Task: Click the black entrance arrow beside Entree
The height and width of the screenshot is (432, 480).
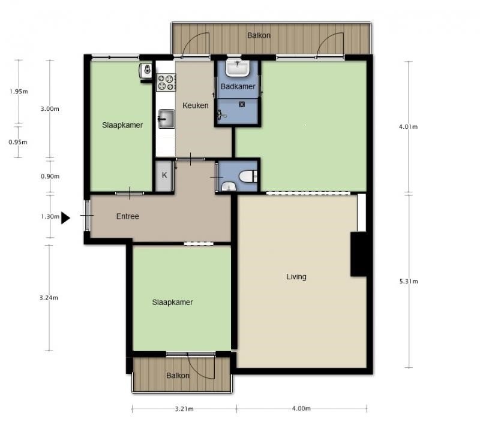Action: click(65, 218)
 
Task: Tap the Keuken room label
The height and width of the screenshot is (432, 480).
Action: click(196, 105)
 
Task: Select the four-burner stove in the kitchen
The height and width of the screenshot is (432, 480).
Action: click(166, 83)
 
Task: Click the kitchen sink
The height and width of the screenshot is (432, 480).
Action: click(166, 119)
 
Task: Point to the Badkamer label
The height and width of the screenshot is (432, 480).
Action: click(238, 86)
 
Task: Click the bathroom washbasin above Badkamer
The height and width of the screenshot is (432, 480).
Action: click(238, 68)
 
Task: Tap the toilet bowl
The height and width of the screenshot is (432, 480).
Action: click(248, 176)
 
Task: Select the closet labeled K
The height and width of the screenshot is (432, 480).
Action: click(164, 176)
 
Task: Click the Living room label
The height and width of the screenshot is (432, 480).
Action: click(296, 277)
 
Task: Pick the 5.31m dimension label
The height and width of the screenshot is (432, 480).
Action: click(409, 281)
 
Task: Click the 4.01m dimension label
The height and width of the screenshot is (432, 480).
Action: click(408, 126)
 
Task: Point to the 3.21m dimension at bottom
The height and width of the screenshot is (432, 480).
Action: click(184, 409)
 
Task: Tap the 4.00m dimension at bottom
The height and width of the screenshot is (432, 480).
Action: click(302, 409)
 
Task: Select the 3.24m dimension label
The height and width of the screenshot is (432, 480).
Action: click(49, 297)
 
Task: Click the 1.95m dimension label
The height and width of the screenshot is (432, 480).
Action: click(19, 91)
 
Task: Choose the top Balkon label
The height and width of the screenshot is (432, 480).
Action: click(259, 35)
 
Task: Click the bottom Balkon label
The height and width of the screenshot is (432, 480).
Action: click(178, 376)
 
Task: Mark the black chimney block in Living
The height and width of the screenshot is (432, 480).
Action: click(358, 255)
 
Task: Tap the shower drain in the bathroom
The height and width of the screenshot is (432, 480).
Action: click(242, 104)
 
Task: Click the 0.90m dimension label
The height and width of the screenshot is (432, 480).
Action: click(50, 176)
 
